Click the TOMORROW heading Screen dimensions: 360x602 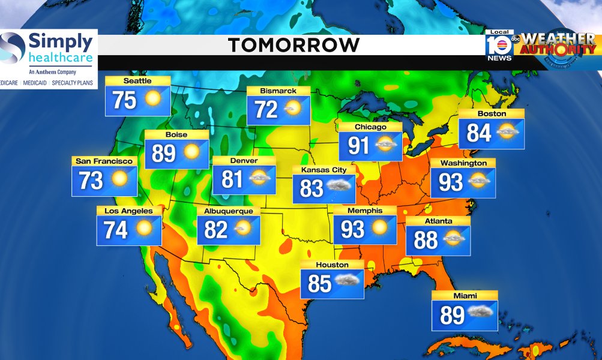[293, 45]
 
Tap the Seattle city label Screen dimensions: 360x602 [137, 81]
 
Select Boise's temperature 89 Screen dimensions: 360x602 [163, 154]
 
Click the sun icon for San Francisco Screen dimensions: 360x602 [119, 179]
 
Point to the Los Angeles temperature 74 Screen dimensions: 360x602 [116, 229]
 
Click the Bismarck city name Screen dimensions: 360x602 [278, 91]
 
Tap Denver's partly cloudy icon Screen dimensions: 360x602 [259, 178]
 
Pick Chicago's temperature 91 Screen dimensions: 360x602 [358, 145]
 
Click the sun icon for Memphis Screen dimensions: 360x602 [379, 227]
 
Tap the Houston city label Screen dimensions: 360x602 [332, 265]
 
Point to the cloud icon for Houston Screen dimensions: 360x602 [348, 281]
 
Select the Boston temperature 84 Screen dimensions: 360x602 [479, 133]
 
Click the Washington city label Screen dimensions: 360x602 [463, 163]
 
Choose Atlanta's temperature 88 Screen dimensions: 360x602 [426, 240]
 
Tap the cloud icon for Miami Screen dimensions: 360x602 [481, 312]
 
